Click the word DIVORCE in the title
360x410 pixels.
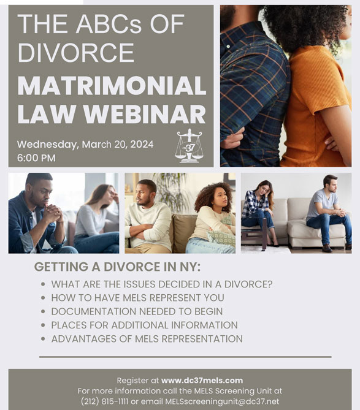click(76, 53)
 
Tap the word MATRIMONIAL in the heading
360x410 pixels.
click(112, 86)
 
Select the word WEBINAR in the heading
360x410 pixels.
click(144, 114)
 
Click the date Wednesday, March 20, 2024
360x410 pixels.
click(85, 145)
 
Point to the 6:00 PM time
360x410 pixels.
click(36, 158)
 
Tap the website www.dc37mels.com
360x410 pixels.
click(202, 381)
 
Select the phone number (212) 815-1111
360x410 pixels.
click(104, 401)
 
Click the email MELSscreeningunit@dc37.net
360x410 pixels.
click(222, 401)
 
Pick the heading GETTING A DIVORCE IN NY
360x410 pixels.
click(117, 267)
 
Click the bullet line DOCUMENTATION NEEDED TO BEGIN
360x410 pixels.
click(137, 311)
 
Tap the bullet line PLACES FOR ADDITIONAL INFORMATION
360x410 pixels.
click(144, 325)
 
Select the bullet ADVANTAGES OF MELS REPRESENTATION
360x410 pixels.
click(147, 339)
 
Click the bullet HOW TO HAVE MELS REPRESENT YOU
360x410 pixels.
click(137, 298)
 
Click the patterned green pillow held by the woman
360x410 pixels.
click(222, 237)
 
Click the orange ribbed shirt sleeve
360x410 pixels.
click(332, 86)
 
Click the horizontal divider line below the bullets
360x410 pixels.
click(185, 357)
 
